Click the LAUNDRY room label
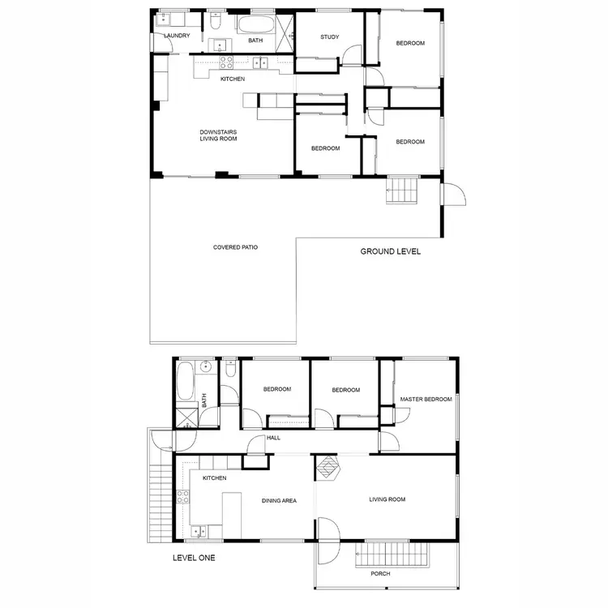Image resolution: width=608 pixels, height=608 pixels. click(177, 36)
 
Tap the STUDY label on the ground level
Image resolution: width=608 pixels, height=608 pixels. click(329, 36)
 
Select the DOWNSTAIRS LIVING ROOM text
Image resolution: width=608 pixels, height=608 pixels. click(218, 135)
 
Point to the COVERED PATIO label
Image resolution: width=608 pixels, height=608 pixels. click(235, 247)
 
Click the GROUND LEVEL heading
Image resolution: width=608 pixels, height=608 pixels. click(391, 252)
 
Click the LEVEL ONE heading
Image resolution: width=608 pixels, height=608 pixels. click(194, 558)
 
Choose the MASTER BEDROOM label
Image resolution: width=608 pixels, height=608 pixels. click(426, 399)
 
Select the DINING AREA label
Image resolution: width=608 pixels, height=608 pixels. click(278, 501)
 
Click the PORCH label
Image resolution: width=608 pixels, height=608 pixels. click(380, 575)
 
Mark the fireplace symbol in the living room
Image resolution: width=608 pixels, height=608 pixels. click(328, 469)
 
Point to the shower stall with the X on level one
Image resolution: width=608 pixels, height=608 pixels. click(187, 418)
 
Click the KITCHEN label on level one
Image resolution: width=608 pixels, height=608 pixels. click(214, 478)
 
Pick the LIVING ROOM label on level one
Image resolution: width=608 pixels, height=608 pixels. click(387, 499)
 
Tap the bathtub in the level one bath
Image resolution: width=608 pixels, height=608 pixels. click(185, 385)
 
